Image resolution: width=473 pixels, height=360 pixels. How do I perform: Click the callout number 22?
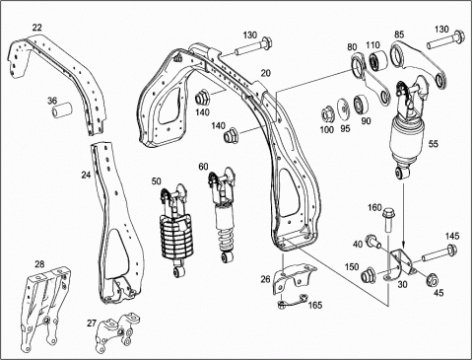pos(37,28)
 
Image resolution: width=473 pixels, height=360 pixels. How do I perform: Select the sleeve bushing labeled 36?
pos(62,109)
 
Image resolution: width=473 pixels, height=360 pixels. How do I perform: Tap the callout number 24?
pos(86,176)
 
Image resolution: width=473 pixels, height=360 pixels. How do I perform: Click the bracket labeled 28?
pos(45,309)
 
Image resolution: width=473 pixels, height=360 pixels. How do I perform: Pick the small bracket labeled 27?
pos(116,331)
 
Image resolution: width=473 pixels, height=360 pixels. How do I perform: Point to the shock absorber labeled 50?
pos(175,230)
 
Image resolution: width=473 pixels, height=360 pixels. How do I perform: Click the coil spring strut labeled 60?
pos(223,215)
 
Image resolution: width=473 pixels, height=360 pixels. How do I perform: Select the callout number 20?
pos(265,73)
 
